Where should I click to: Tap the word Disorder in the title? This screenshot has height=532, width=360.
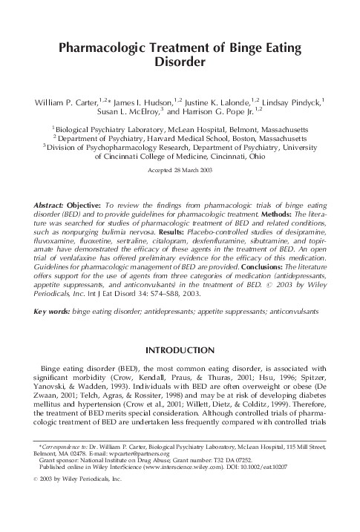(180, 64)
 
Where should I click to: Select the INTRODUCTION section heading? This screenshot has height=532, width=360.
(180, 349)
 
